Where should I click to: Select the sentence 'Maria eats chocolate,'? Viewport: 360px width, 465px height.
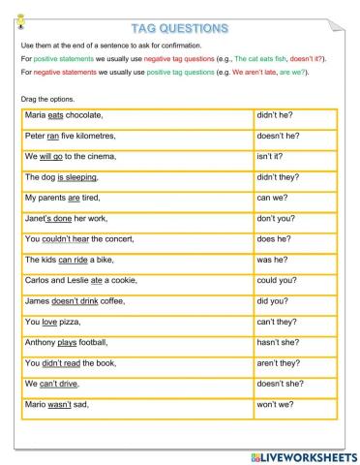[64, 115]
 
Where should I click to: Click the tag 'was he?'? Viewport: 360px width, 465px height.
[272, 260]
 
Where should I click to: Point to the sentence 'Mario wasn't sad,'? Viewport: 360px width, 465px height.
[56, 404]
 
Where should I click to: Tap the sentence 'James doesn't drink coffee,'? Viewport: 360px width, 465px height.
[75, 301]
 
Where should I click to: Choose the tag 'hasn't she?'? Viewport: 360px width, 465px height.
[278, 342]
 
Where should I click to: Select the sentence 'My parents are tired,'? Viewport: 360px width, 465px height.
[64, 198]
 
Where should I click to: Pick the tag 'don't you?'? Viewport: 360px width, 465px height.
[276, 219]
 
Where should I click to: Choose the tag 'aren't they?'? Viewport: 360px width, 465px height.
[278, 362]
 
